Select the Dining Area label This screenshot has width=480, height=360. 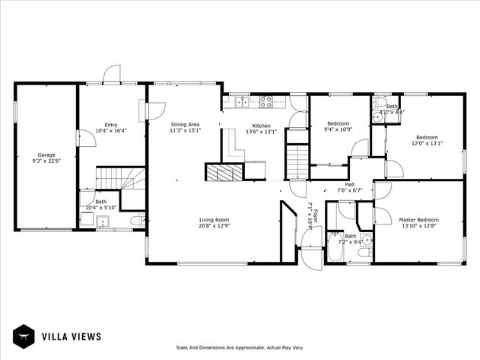click(185, 124)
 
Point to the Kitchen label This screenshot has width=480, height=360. click(262, 126)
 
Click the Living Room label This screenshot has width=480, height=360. click(214, 220)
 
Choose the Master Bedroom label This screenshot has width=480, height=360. click(418, 220)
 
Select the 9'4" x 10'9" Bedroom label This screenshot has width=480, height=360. click(338, 123)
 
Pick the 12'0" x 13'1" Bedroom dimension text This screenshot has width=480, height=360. click(427, 143)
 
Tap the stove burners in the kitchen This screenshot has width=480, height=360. click(267, 100)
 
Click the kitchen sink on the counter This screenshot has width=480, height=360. click(241, 100)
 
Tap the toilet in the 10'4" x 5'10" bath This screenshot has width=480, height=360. click(135, 221)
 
